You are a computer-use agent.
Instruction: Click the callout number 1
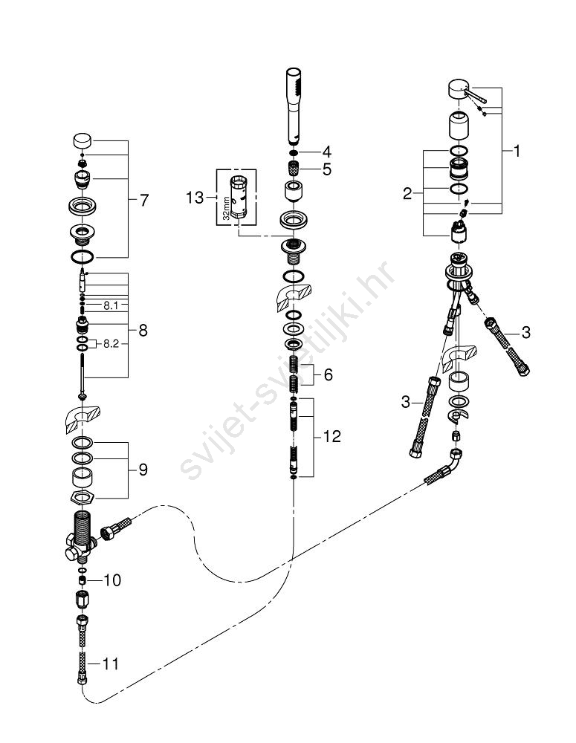tap(517, 152)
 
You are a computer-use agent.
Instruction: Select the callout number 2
tap(407, 194)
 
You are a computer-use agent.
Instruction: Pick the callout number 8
tap(143, 331)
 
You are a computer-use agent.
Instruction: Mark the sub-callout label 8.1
tap(110, 305)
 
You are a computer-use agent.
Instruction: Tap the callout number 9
tap(143, 470)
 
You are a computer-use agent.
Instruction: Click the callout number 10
tap(111, 579)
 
